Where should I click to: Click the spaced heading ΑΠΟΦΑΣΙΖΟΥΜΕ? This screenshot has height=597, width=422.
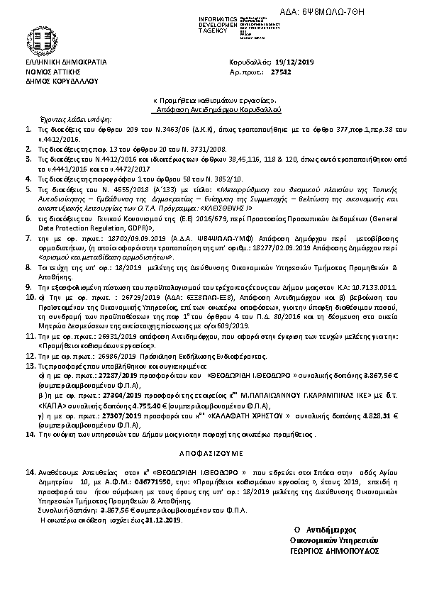coord(211,451)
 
